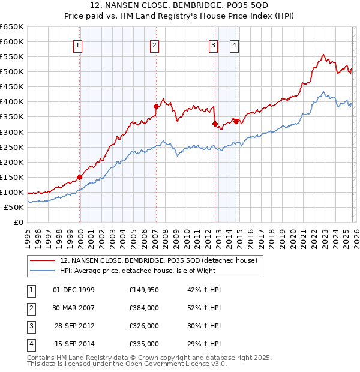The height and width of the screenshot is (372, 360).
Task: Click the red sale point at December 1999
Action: pos(80,177)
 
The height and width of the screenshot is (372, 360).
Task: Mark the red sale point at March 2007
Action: pos(156,106)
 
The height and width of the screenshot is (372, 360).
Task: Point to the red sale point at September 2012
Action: pos(214,124)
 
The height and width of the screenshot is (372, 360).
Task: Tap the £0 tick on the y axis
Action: pos(19,222)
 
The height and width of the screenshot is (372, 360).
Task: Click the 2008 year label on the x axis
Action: pos(166,234)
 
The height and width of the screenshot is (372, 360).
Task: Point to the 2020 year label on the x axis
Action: pos(293,234)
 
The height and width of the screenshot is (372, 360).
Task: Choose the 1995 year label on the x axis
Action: pos(28,234)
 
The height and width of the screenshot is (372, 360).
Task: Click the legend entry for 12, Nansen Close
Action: pos(158,260)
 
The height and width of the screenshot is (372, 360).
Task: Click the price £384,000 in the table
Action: pos(144,308)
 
